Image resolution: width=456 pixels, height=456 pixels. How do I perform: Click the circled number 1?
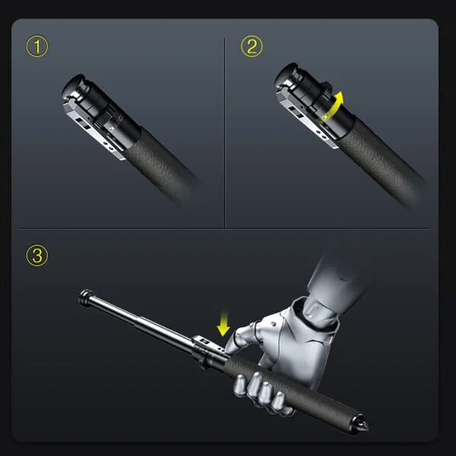pos(36,46)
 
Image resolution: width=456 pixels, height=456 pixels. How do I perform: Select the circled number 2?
pos(251,46)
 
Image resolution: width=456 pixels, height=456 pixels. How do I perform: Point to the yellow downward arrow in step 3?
pos(223,325)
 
